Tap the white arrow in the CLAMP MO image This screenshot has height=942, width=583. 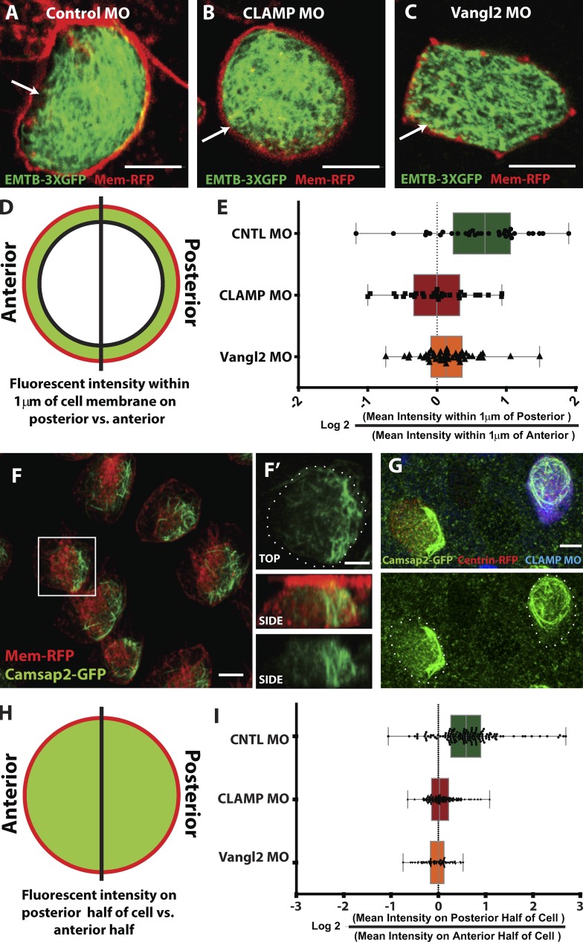(216, 135)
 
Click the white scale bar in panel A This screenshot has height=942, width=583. (153, 167)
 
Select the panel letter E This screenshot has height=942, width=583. (222, 208)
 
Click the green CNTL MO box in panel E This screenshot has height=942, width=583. (482, 234)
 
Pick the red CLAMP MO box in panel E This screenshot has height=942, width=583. (437, 295)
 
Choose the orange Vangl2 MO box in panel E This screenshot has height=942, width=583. (446, 356)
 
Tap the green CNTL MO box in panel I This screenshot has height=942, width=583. (466, 736)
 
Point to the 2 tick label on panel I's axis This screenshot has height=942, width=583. (533, 905)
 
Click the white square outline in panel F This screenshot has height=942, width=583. (67, 566)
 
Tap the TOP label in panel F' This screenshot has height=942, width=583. (269, 558)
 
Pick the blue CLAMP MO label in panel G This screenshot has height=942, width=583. (553, 560)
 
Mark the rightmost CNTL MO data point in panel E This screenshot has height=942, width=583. (569, 233)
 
